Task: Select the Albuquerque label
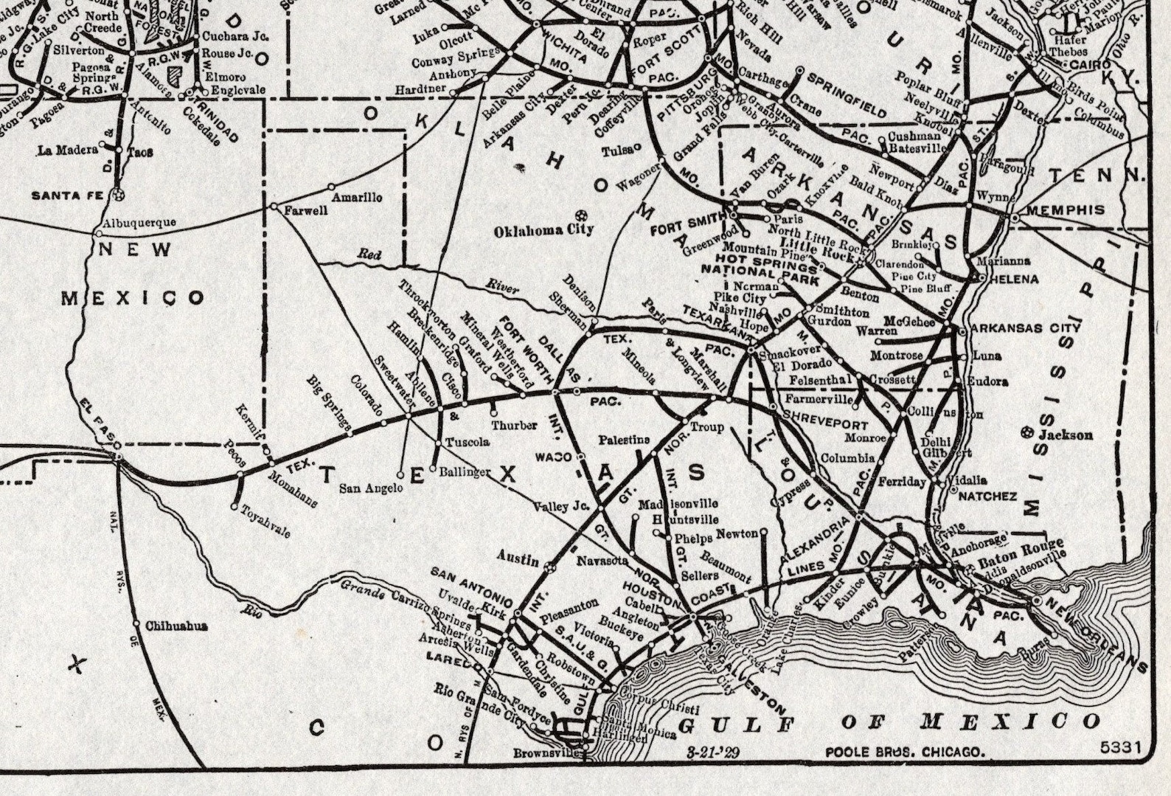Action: point(139,222)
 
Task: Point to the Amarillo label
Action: point(357,198)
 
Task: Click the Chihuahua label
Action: point(176,626)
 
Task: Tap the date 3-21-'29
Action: point(713,752)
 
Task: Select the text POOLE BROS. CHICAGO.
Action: point(904,752)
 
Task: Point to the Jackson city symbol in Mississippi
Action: point(1027,433)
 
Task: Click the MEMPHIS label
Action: point(1066,210)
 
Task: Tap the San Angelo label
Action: point(371,488)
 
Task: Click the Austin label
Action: point(518,558)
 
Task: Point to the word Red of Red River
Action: point(369,255)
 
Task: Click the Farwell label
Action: point(306,210)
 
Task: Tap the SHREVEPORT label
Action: point(824,425)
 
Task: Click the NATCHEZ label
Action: point(987,496)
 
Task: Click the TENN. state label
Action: point(1097,176)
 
